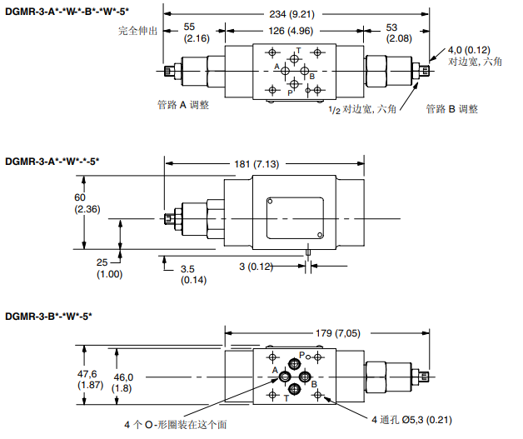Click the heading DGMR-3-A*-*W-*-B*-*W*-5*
click(67, 9)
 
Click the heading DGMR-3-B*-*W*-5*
click(48, 316)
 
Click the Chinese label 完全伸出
click(138, 32)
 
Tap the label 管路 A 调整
click(182, 105)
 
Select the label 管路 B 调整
click(451, 108)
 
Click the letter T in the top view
click(299, 51)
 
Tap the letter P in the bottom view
click(303, 354)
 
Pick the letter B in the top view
click(311, 77)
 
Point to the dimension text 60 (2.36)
click(87, 202)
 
